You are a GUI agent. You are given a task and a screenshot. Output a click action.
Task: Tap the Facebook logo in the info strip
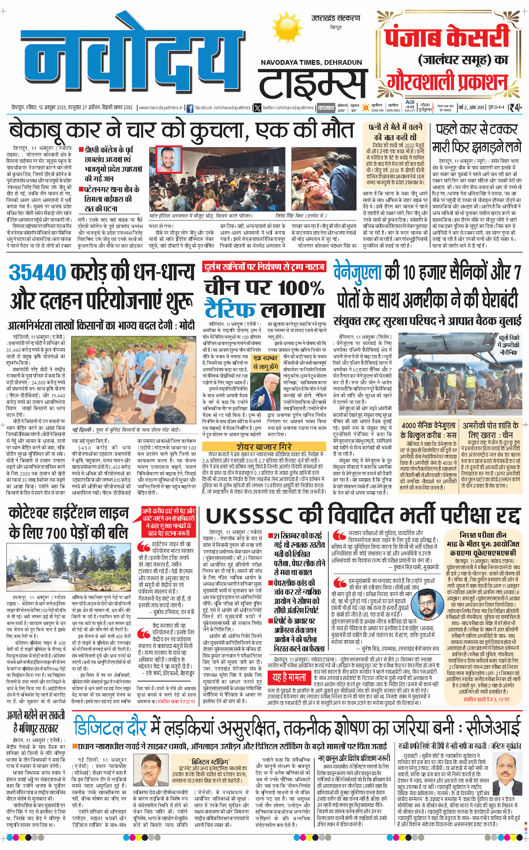click(190, 108)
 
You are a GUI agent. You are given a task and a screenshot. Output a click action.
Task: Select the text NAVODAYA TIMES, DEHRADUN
click(311, 63)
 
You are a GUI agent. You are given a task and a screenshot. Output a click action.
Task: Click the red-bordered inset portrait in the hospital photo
click(168, 160)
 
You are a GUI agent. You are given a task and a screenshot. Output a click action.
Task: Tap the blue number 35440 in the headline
click(37, 273)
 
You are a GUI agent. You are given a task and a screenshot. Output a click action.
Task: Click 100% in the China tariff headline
click(301, 288)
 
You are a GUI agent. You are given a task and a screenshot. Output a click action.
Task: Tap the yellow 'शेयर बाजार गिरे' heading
click(264, 447)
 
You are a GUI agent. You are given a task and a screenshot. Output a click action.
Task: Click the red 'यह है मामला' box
click(289, 677)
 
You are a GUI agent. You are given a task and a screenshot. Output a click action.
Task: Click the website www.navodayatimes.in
click(161, 108)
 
